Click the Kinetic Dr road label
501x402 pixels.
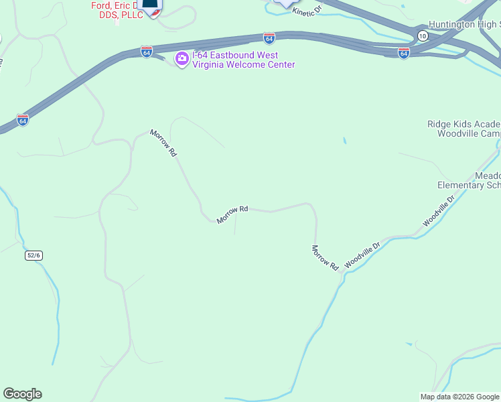point(307,11)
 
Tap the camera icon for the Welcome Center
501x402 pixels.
point(182,60)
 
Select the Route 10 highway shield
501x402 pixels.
point(422,35)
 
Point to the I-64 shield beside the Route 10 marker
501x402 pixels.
point(403,53)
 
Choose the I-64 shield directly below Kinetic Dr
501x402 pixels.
point(269,38)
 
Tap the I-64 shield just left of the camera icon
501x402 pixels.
point(147,52)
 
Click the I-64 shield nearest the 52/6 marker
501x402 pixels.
point(23,121)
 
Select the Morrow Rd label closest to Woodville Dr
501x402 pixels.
point(325,257)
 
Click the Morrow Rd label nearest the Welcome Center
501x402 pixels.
point(163,143)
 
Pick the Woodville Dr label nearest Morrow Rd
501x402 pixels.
point(362,255)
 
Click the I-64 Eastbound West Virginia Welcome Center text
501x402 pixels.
point(243,60)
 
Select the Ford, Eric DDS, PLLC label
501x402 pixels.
point(117,10)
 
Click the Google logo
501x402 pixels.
point(22,394)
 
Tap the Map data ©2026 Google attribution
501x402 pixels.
point(459,397)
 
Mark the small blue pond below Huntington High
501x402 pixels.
point(344,141)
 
